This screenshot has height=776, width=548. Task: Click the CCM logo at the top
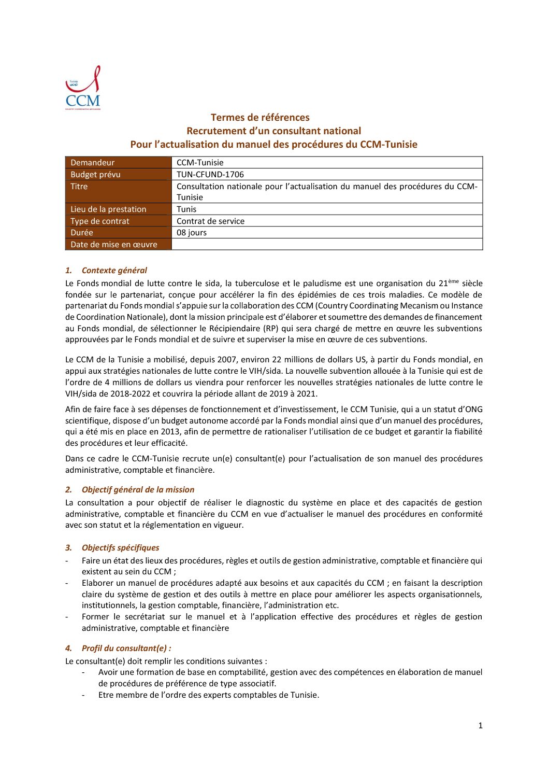(x=83, y=88)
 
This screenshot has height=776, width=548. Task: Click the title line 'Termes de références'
(x=260, y=118)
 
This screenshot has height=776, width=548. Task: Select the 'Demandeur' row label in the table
(x=93, y=163)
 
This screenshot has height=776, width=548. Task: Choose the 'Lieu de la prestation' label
(x=108, y=209)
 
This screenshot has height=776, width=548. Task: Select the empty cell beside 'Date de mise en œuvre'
(x=326, y=245)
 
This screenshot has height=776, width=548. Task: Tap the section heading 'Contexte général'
(x=114, y=271)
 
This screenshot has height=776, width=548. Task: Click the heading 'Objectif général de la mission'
(x=138, y=490)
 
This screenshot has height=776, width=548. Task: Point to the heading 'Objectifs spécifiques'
(x=120, y=548)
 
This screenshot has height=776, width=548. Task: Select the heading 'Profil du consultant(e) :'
(x=126, y=648)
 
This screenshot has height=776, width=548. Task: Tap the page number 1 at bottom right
(x=480, y=726)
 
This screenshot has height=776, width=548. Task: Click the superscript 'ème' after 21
(x=454, y=281)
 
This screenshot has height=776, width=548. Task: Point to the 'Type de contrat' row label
(x=100, y=221)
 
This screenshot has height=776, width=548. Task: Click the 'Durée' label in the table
(x=82, y=233)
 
